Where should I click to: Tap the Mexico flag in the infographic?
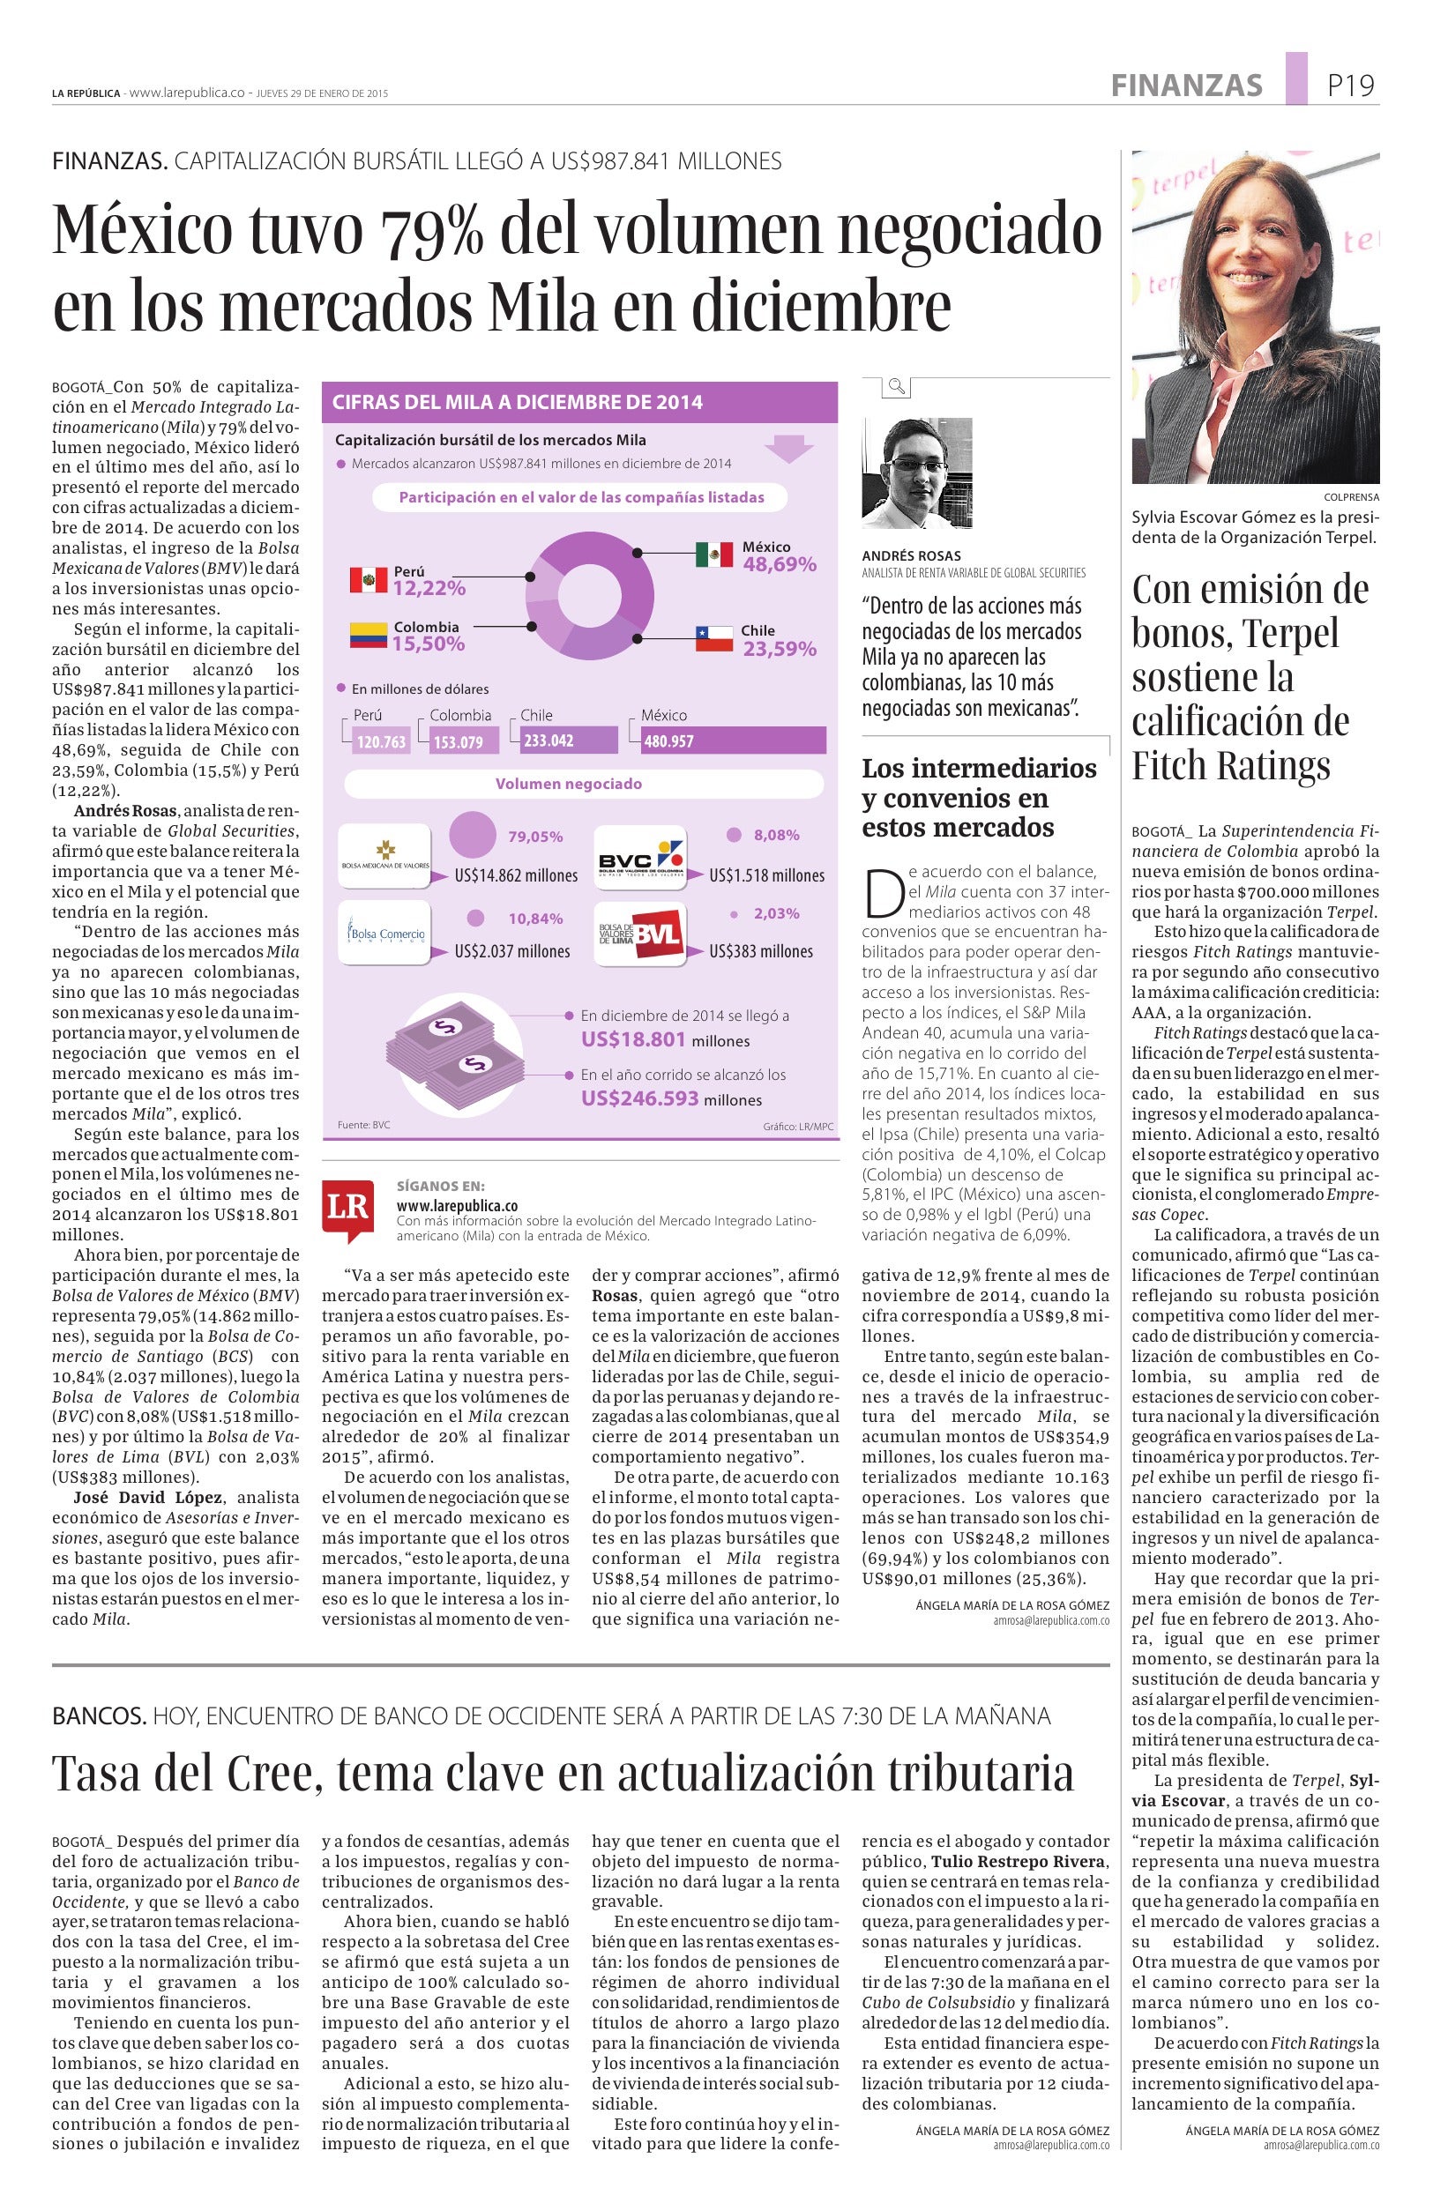713,554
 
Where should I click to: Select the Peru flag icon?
369,580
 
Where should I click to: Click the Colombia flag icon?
368,635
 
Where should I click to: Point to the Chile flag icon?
713,637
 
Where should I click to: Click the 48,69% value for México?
780,564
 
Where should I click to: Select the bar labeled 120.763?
381,741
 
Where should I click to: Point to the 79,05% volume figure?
535,837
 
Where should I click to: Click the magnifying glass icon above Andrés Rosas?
896,386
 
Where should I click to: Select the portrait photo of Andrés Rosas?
916,473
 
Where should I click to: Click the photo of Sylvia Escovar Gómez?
1255,316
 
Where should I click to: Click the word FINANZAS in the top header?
1186,86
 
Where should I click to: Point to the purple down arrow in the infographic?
787,449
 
